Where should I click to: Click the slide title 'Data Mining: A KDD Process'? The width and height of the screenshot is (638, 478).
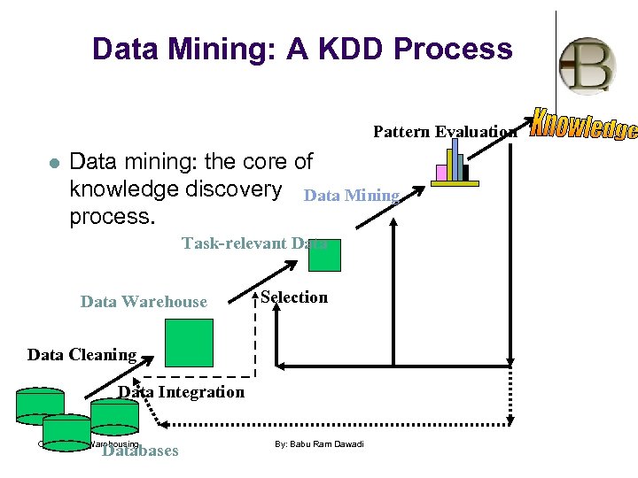(302, 49)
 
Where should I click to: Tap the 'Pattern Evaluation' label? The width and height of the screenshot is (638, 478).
(445, 132)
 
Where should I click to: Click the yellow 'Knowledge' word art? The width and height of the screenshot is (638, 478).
(583, 126)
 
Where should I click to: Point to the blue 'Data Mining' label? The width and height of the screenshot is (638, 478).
(352, 196)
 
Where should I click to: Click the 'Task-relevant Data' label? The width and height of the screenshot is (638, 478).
(253, 243)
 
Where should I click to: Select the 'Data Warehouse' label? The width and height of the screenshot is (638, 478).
(144, 302)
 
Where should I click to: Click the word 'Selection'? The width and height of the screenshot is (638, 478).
(294, 297)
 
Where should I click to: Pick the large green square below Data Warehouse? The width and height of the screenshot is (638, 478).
(191, 343)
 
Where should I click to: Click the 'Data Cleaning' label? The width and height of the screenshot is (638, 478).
(82, 355)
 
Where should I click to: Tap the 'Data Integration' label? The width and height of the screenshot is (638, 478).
(182, 392)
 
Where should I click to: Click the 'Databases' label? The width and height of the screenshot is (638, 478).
(140, 451)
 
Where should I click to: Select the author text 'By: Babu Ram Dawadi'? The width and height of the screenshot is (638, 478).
(320, 443)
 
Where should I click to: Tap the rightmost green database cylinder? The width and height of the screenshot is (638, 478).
(114, 413)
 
